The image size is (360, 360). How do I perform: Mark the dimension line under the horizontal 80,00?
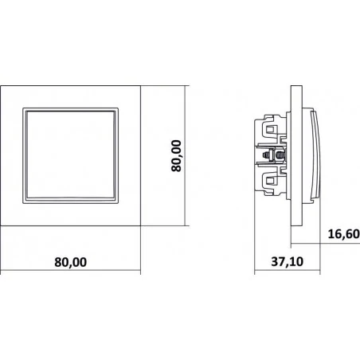pyautogui.click(x=70, y=272)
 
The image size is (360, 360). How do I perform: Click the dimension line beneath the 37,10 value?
pyautogui.click(x=287, y=272)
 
